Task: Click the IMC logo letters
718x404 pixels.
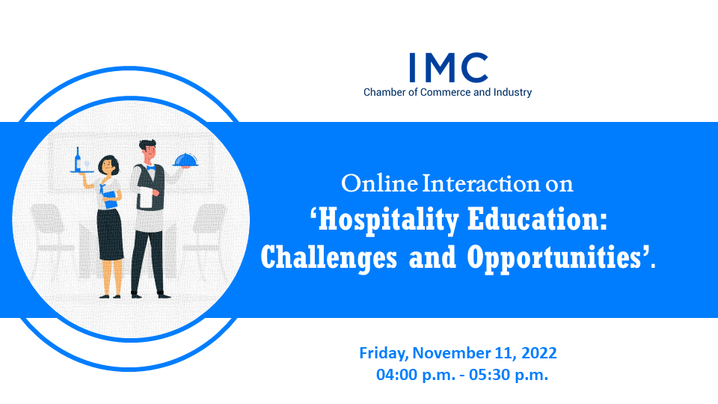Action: pyautogui.click(x=449, y=67)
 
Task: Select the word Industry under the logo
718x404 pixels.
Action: pyautogui.click(x=512, y=93)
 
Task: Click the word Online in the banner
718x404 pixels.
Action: pyautogui.click(x=379, y=184)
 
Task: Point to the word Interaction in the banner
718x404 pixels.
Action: pyautogui.click(x=481, y=184)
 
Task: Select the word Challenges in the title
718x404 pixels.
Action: pyautogui.click(x=329, y=258)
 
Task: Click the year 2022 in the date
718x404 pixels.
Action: pyautogui.click(x=539, y=353)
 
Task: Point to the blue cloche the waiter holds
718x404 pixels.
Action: pyautogui.click(x=185, y=160)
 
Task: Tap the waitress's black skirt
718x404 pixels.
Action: pyautogui.click(x=109, y=234)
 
